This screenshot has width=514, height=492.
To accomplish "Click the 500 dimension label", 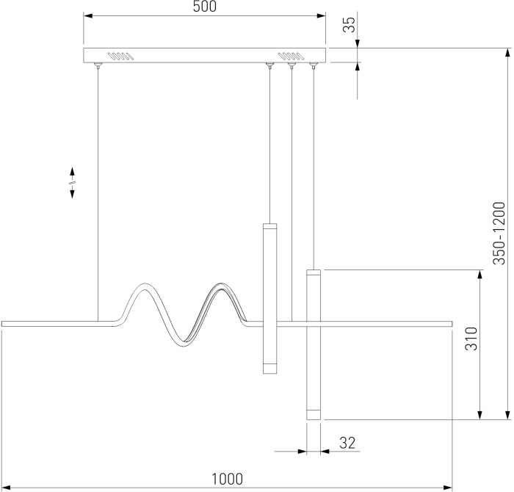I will point(204,7).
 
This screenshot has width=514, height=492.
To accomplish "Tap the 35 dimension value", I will point(350,25).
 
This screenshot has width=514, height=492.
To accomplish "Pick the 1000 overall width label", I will point(227,479).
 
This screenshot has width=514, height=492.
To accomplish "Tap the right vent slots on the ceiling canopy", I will point(290,55).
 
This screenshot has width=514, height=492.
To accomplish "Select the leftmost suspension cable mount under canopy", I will point(98,67).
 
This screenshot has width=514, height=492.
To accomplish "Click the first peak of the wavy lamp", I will point(144,288).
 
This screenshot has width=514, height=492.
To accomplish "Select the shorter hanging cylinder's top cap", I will point(269,227).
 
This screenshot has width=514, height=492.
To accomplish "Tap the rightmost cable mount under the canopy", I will point(314,67).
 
